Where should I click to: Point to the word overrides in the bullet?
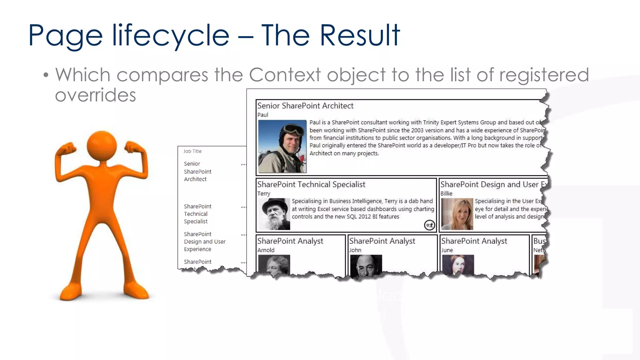[95, 95]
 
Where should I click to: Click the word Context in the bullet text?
[285, 75]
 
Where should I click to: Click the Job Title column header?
[192, 151]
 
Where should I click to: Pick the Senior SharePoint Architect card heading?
[305, 106]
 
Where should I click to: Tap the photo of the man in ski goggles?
[282, 146]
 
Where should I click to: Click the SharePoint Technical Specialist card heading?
[311, 185]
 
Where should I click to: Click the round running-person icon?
[429, 225]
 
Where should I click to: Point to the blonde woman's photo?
[457, 214]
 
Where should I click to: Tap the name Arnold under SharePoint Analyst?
[266, 250]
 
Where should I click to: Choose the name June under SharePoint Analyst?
[447, 250]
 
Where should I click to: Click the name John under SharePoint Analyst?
[355, 250]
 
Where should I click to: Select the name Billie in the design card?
[446, 193]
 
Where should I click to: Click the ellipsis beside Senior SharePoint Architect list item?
[243, 164]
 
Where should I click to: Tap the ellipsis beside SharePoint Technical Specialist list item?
[243, 207]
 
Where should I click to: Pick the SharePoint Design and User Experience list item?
[204, 242]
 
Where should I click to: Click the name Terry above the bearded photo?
[264, 193]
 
